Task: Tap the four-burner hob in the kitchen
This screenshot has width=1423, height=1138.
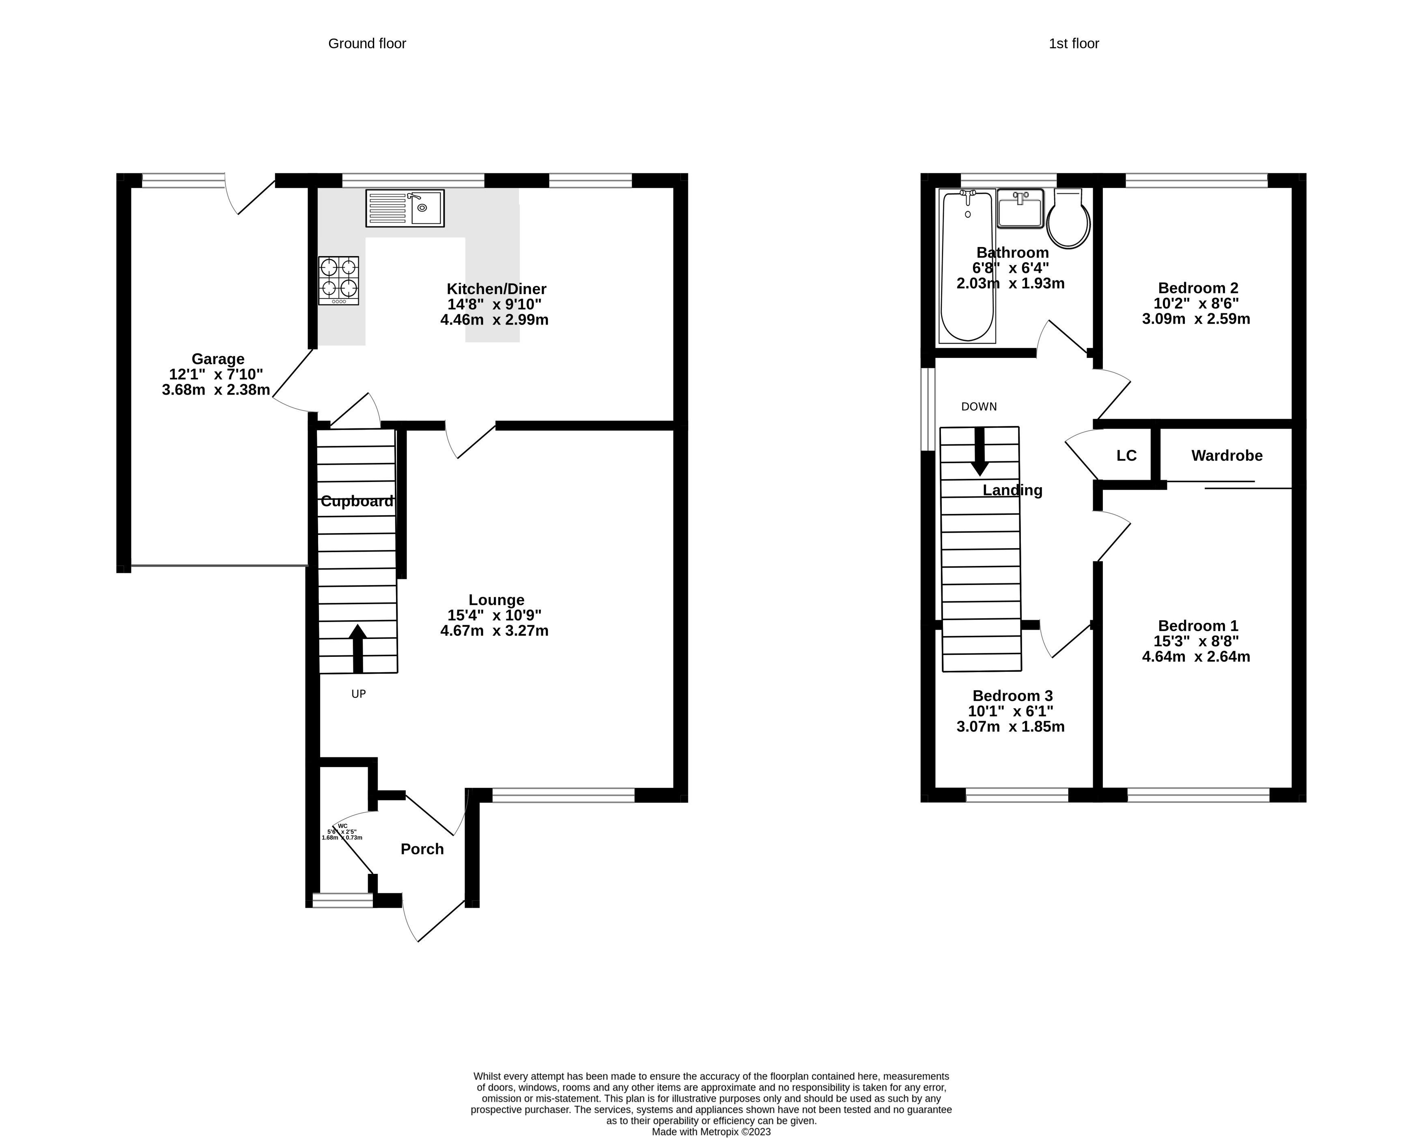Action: [338, 280]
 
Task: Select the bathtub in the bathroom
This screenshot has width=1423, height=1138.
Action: [967, 266]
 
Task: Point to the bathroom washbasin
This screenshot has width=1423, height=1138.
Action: [1020, 209]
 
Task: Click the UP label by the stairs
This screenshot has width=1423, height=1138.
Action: [358, 694]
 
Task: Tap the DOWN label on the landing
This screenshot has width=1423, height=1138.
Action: [979, 407]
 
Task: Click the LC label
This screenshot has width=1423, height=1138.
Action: [1127, 456]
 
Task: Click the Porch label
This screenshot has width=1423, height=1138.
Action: [422, 849]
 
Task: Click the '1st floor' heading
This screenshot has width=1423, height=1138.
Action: [1074, 43]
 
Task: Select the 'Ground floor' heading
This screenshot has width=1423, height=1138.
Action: [367, 43]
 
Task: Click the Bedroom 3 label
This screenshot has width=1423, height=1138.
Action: [1012, 696]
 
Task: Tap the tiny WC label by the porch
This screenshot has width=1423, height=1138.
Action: [342, 826]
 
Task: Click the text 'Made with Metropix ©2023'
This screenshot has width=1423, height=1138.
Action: [711, 1132]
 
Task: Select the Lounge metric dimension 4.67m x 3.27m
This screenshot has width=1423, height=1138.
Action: [494, 630]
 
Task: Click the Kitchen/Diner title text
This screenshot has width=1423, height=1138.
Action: [496, 288]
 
